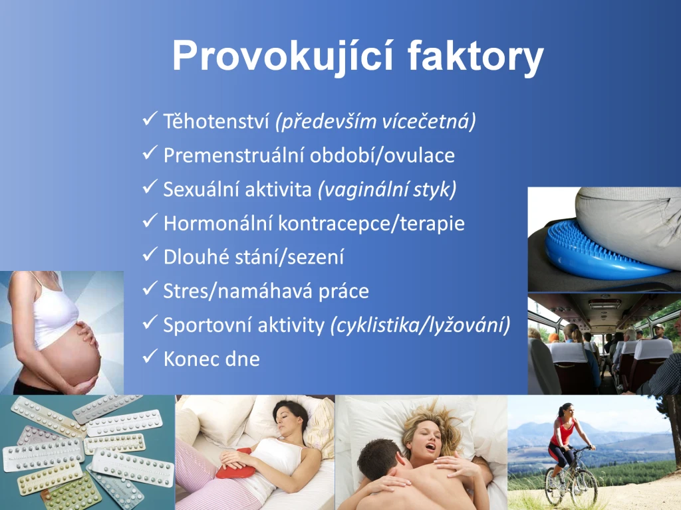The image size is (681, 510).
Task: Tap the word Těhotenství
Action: pyautogui.click(x=216, y=121)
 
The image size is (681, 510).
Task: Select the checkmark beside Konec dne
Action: pyautogui.click(x=150, y=357)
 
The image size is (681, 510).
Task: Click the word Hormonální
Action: pyautogui.click(x=217, y=223)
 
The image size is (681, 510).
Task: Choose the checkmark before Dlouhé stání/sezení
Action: pyautogui.click(x=150, y=254)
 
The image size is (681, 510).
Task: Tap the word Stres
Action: pyautogui.click(x=186, y=291)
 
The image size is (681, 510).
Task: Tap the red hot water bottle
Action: pyautogui.click(x=233, y=464)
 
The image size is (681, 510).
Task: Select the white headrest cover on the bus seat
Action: pyautogui.click(x=569, y=352)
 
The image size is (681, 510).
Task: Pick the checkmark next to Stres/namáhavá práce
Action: pyautogui.click(x=150, y=288)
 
